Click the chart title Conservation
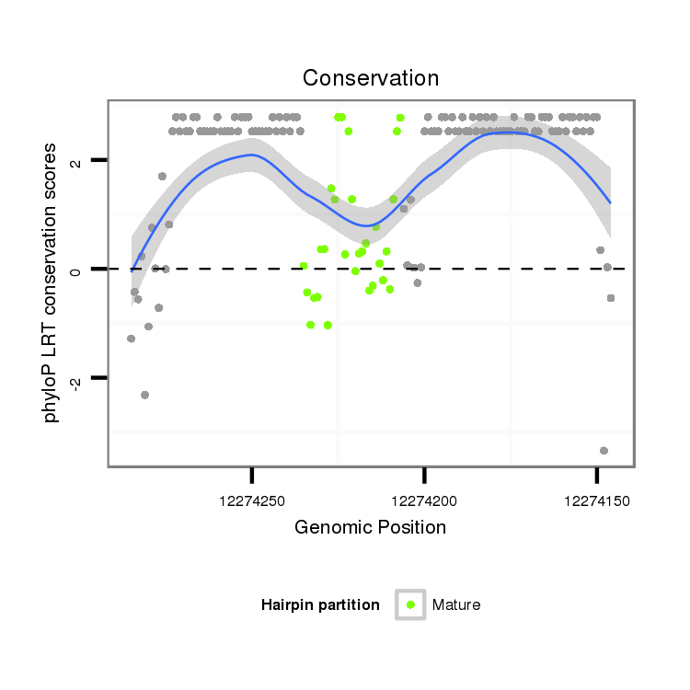point(371,77)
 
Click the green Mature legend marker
point(410,604)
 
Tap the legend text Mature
point(456,605)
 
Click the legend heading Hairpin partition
point(320,605)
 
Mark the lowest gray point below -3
point(604,450)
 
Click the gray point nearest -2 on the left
point(144,395)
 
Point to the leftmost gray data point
point(131,339)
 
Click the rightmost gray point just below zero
point(610,298)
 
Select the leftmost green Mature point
point(303,266)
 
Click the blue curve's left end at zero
point(132,270)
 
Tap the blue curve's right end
point(610,201)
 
